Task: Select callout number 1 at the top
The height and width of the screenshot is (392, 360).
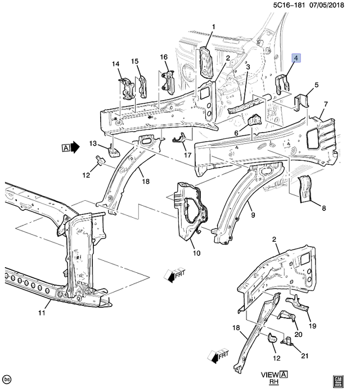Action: point(214,27)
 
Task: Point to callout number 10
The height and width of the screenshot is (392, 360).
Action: point(196,254)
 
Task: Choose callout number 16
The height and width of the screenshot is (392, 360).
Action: point(164,57)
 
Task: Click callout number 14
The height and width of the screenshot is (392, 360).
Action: point(116,65)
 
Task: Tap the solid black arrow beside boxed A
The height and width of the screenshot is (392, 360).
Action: point(75,147)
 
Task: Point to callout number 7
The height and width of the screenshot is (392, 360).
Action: point(325,105)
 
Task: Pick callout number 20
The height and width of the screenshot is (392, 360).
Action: point(298,335)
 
